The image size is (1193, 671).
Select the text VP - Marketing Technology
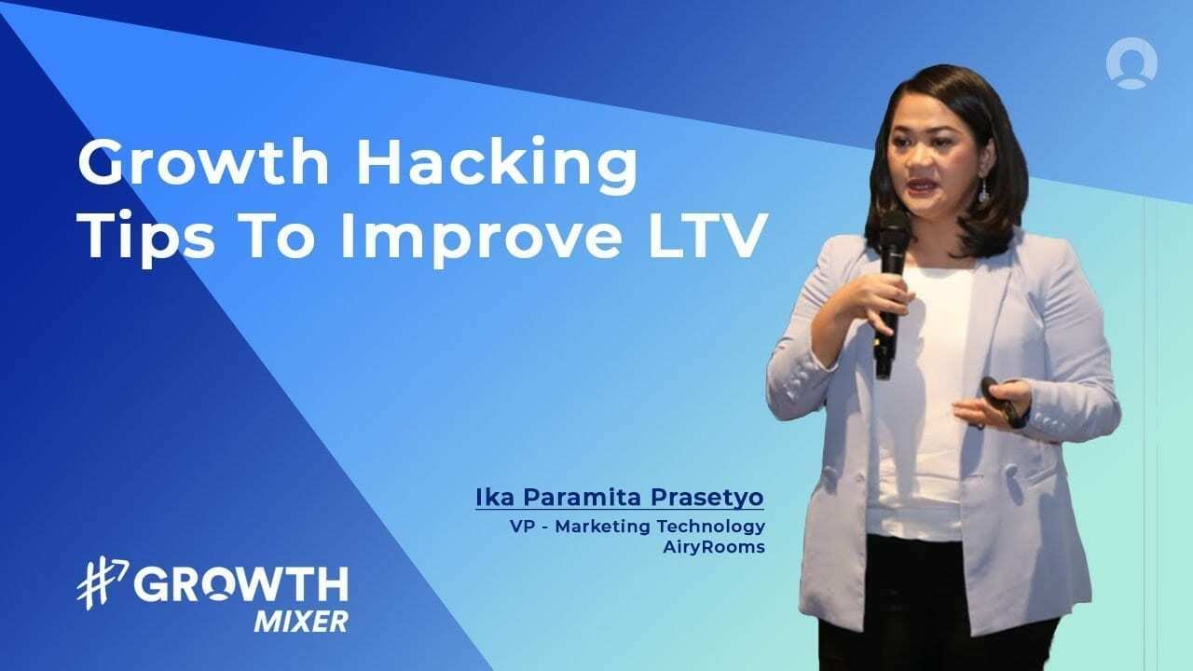point(638,526)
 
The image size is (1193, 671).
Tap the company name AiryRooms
point(713,546)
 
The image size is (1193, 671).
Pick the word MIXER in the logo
point(300,621)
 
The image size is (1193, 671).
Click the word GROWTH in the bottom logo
point(240,586)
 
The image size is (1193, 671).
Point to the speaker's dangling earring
point(982,192)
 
